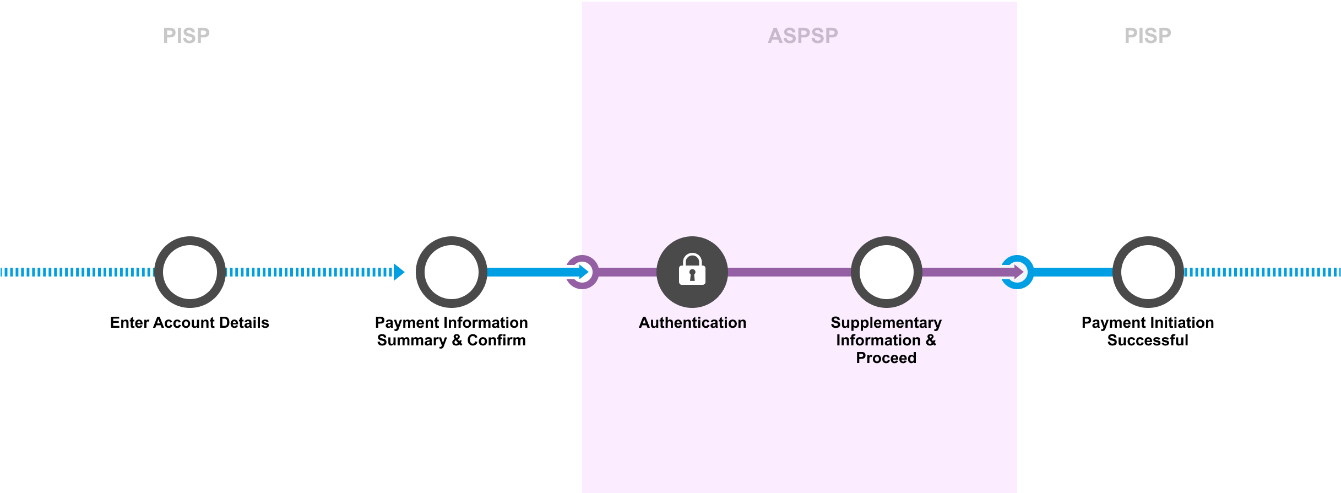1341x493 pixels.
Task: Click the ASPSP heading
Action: point(802,36)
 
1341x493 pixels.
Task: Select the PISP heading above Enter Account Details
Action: point(186,36)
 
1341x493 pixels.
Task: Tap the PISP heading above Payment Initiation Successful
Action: point(1148,36)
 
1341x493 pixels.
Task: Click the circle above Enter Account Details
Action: point(190,272)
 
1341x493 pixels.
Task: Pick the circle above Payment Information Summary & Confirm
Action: point(452,272)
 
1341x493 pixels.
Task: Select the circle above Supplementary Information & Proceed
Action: point(886,272)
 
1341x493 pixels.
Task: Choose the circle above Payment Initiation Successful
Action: point(1148,272)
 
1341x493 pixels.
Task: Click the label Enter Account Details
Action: point(189,323)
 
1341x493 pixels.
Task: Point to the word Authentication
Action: point(692,323)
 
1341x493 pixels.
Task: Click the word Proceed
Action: point(886,358)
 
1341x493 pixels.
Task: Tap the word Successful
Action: point(1148,340)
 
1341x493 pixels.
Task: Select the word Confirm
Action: point(496,340)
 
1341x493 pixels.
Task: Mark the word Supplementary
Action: point(886,323)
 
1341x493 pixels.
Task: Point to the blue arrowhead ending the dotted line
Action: point(399,272)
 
